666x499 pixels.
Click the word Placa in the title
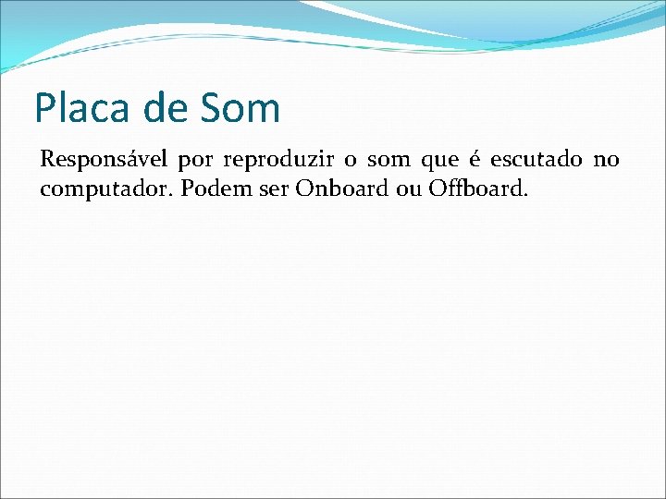coord(83,109)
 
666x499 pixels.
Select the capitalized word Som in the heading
coord(239,109)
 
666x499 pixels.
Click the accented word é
coord(482,160)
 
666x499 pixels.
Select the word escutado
coord(536,160)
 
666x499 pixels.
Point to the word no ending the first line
coord(606,162)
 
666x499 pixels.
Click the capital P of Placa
coord(44,109)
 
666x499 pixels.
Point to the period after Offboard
coord(526,195)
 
